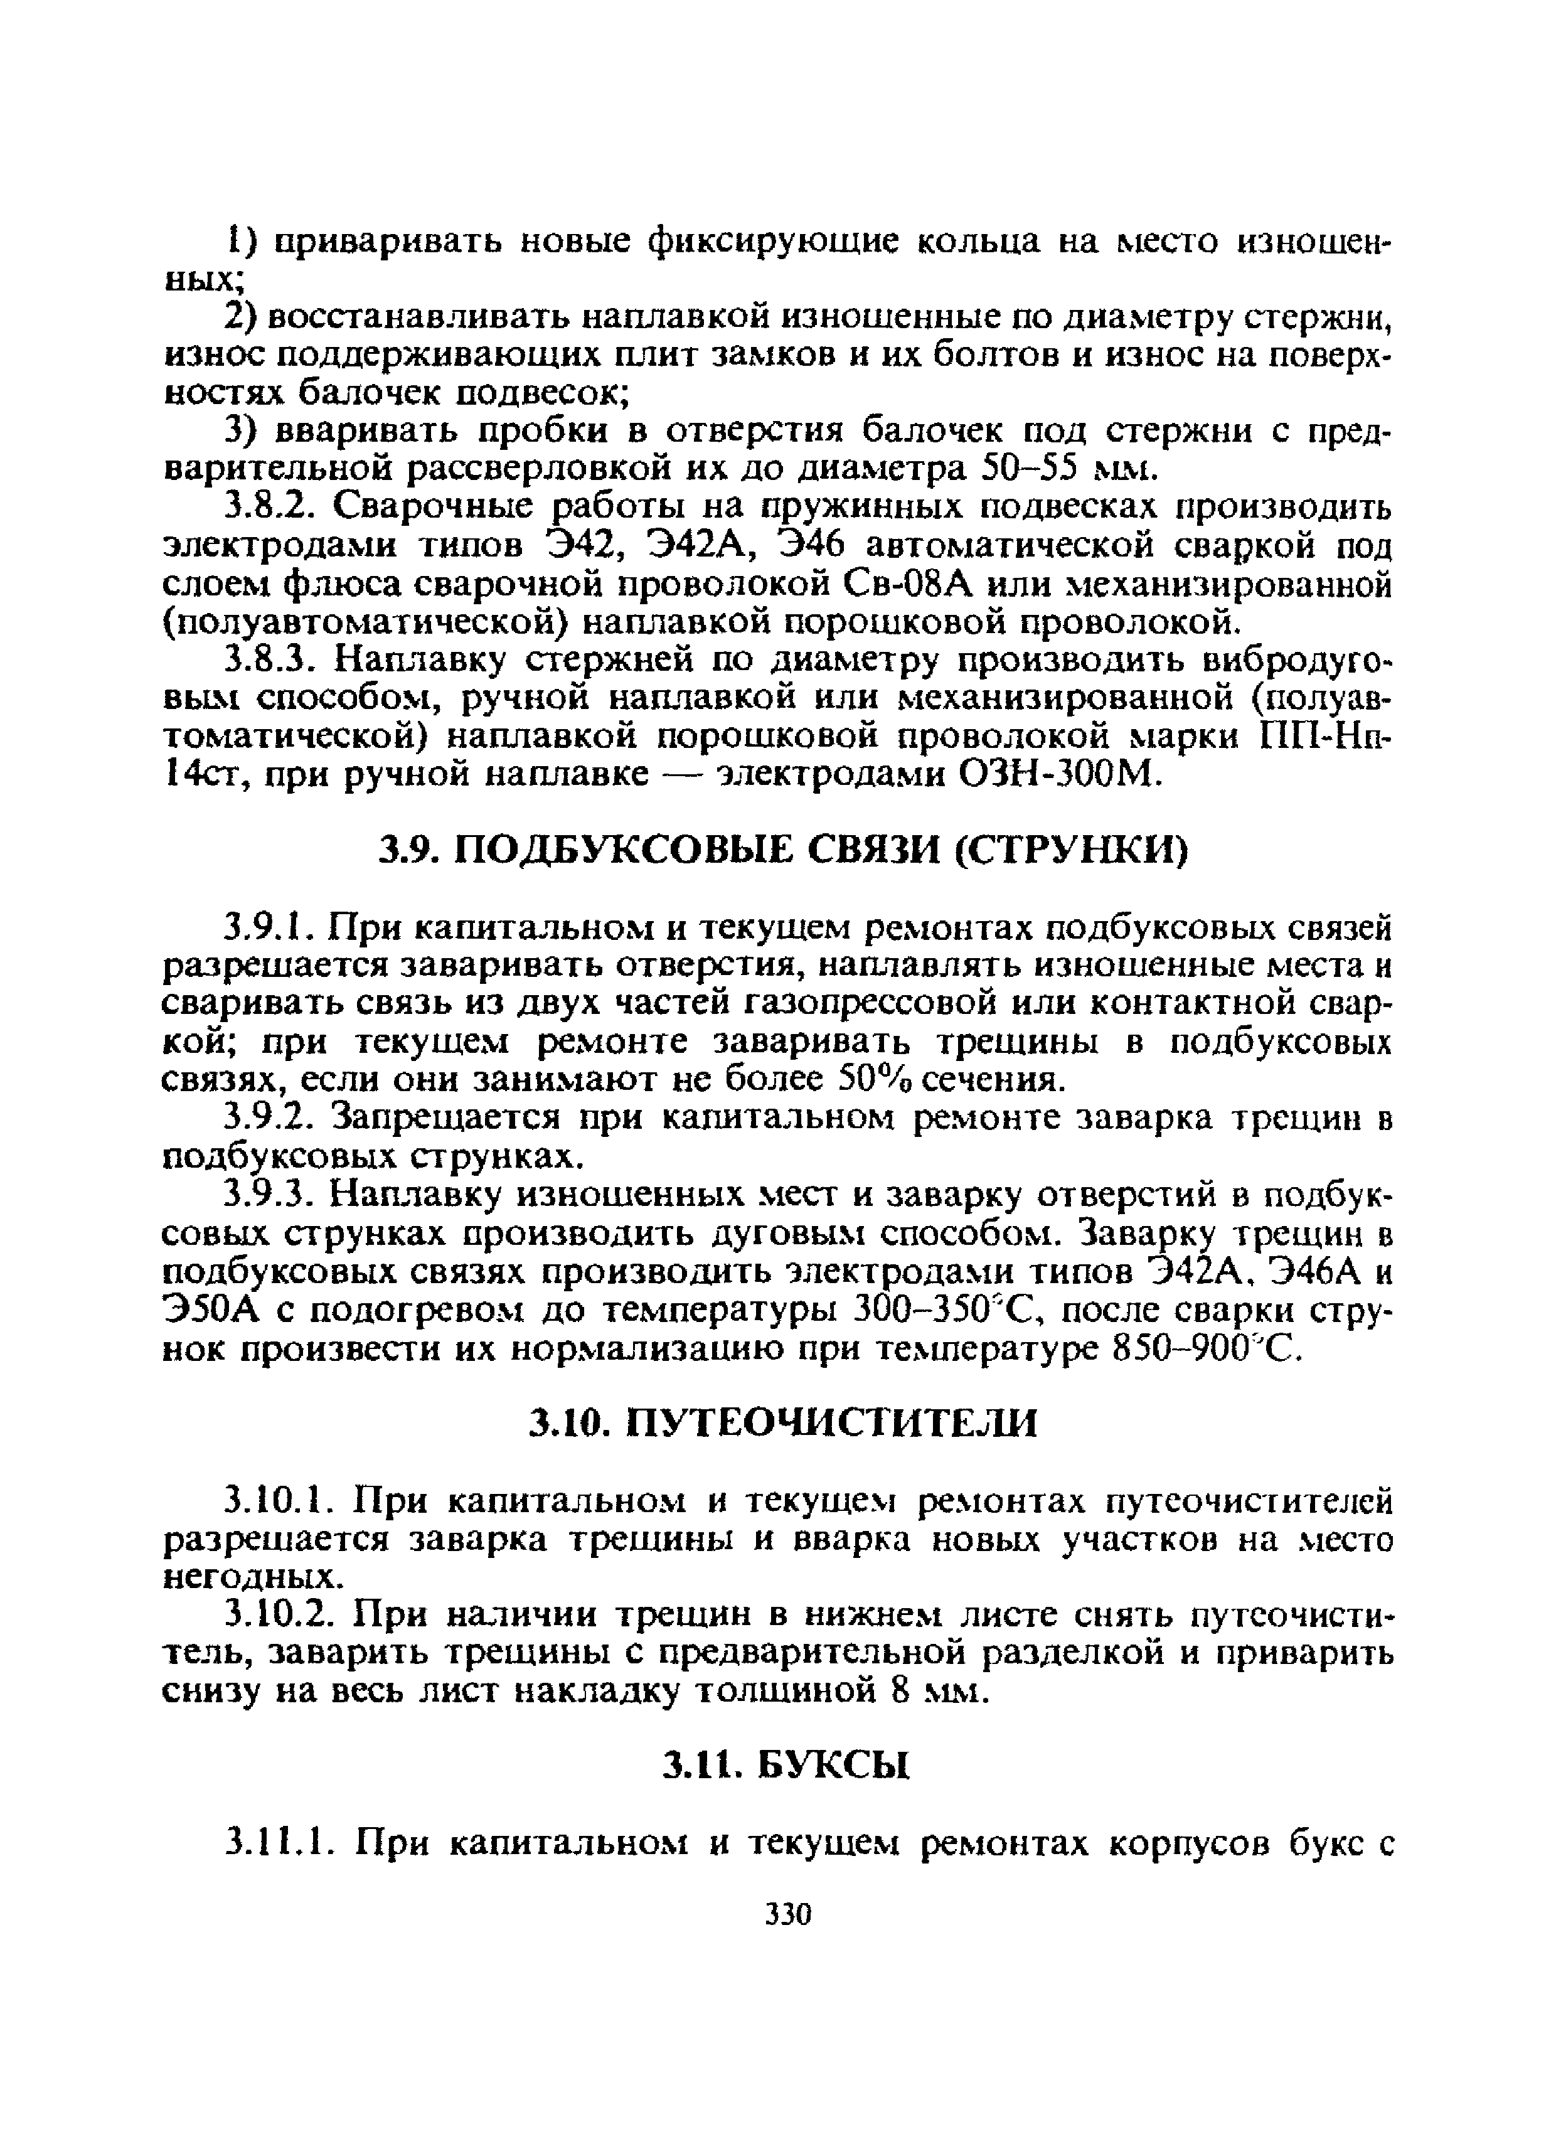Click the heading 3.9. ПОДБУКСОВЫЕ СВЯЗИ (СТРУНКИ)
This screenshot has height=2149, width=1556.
[x=783, y=851]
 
